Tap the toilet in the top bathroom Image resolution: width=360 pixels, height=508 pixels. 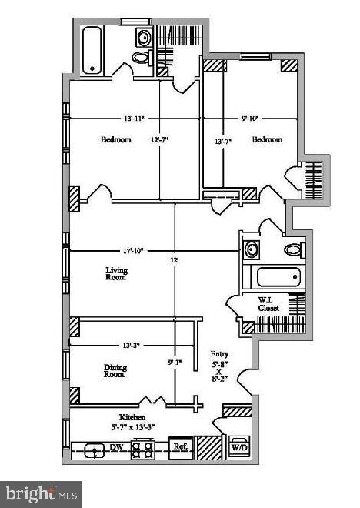142,58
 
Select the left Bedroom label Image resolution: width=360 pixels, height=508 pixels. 116,140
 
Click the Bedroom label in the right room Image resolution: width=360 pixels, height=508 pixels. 267,140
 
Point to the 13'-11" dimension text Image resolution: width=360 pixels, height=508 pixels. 133,119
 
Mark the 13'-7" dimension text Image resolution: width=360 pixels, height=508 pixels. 223,141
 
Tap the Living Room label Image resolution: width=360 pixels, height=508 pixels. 116,275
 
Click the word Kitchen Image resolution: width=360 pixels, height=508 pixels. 123,416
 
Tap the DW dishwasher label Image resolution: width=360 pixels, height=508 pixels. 116,446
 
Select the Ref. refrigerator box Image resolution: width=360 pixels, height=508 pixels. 180,446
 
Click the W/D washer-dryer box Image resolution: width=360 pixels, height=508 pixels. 238,446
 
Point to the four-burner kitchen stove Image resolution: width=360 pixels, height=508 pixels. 143,448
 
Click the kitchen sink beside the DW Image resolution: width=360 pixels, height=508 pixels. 92,449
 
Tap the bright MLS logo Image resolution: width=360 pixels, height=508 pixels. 41,492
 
